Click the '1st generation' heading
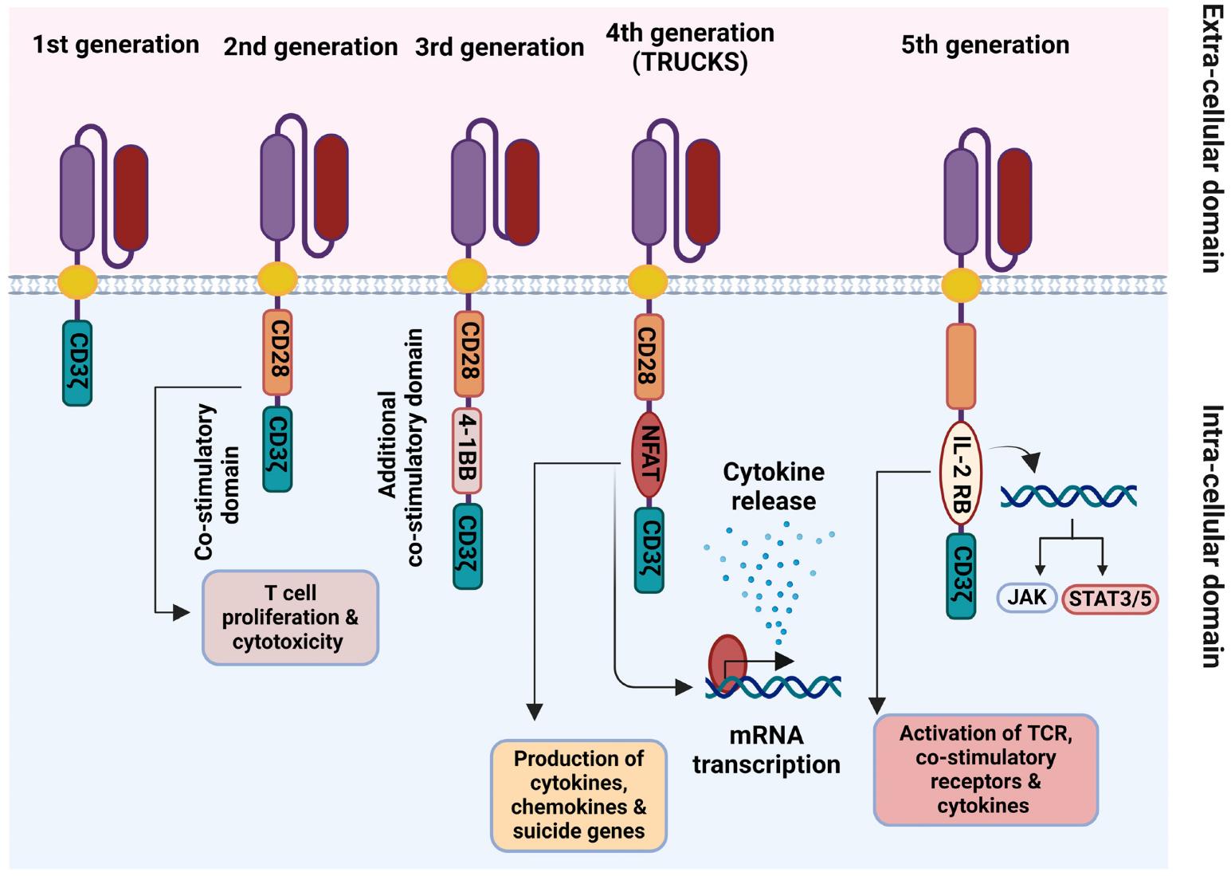click(x=116, y=45)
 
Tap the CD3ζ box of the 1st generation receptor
click(x=77, y=363)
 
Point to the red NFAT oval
click(x=649, y=455)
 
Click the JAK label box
click(x=1026, y=597)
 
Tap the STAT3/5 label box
click(x=1110, y=599)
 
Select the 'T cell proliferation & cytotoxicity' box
click(x=290, y=618)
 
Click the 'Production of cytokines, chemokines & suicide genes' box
click(x=578, y=795)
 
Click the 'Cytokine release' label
click(x=773, y=486)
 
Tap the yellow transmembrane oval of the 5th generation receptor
click(x=961, y=284)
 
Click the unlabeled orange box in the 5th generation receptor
click(x=961, y=366)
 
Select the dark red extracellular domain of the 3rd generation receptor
click(x=522, y=191)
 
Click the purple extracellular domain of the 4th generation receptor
click(x=649, y=192)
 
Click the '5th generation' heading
click(x=985, y=45)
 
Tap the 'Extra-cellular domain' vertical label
click(x=1210, y=139)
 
